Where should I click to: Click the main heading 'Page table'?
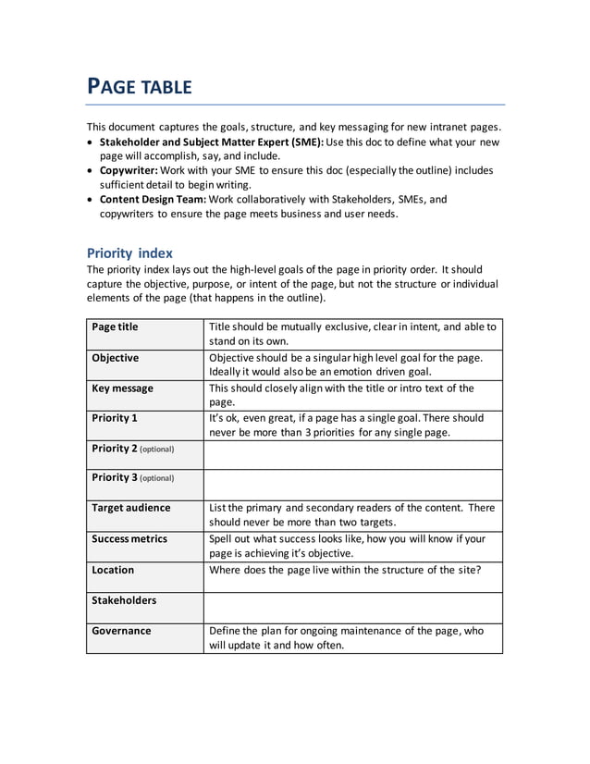(x=139, y=87)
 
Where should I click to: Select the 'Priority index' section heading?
(x=129, y=253)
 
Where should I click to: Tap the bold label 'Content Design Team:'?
(x=153, y=199)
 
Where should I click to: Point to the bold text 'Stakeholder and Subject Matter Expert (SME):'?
(x=212, y=142)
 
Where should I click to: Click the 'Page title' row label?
(x=116, y=327)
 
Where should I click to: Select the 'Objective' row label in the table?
(x=116, y=358)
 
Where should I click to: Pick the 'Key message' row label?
(x=122, y=388)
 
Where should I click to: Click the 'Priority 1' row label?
(x=115, y=418)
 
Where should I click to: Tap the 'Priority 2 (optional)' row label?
(x=133, y=449)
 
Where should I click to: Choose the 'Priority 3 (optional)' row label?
(x=133, y=478)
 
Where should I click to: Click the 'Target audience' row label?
(x=130, y=508)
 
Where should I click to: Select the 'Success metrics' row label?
(x=129, y=538)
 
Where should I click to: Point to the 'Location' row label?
(x=113, y=570)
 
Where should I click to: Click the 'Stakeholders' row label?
(x=124, y=600)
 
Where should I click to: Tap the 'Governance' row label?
(x=121, y=631)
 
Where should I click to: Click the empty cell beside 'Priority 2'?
(x=352, y=455)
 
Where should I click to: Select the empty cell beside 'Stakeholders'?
(x=352, y=608)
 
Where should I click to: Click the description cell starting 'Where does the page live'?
(x=345, y=570)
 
